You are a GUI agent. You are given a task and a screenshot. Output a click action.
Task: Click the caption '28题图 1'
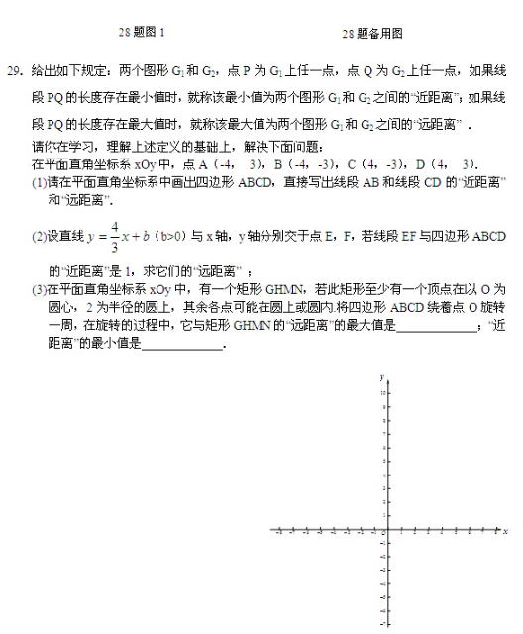click(143, 33)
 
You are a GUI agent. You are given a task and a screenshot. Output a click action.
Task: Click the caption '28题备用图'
click(372, 33)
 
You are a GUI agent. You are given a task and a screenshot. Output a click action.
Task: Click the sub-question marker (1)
click(40, 183)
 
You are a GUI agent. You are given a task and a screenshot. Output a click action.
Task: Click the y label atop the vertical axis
click(380, 377)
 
